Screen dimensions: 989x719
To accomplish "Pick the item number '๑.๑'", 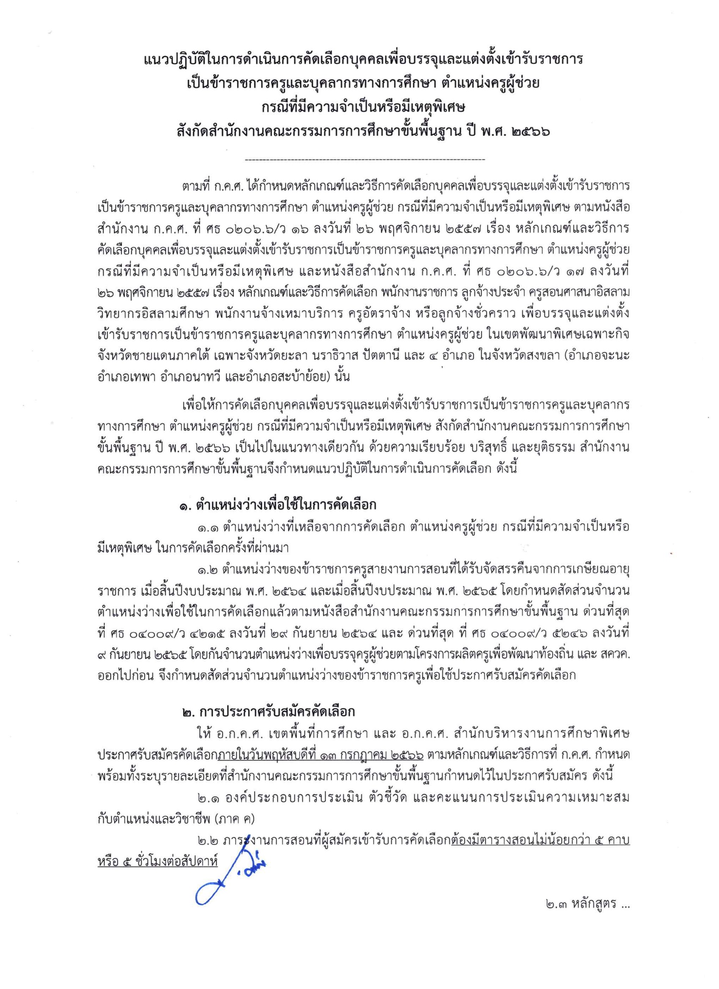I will click(x=208, y=527).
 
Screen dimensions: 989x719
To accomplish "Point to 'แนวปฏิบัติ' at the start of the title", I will click(x=175, y=60).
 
